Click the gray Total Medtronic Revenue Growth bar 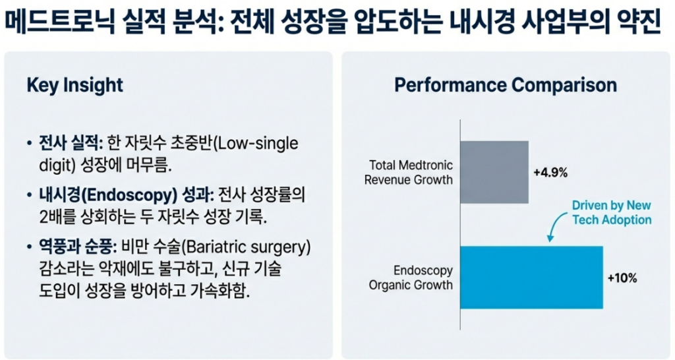[494, 172]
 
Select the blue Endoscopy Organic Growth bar [532, 278]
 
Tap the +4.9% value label [550, 173]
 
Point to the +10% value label [622, 278]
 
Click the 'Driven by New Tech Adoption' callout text [612, 212]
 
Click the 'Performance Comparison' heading [506, 85]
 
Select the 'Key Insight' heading [75, 86]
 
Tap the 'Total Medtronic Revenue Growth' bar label [409, 172]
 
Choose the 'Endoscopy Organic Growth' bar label [411, 278]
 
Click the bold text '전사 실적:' [71, 143]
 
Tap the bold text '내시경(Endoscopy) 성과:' [127, 196]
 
